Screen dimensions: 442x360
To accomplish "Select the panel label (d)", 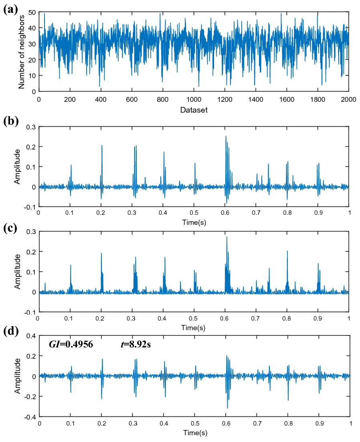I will tap(10, 332).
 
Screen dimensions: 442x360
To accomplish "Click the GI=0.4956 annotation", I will tap(71, 344).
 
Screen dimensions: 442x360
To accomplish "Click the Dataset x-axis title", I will tap(194, 110).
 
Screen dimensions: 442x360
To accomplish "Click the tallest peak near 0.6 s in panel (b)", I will tap(226, 136).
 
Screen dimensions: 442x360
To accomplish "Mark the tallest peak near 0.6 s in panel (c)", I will tap(227, 237).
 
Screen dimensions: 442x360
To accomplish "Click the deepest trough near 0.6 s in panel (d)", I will tap(227, 408).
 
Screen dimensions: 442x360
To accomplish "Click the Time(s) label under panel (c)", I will tap(194, 327).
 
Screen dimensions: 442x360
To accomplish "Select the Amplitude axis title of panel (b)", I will tap(18, 167).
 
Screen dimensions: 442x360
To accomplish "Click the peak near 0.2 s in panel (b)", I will tap(102, 145).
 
